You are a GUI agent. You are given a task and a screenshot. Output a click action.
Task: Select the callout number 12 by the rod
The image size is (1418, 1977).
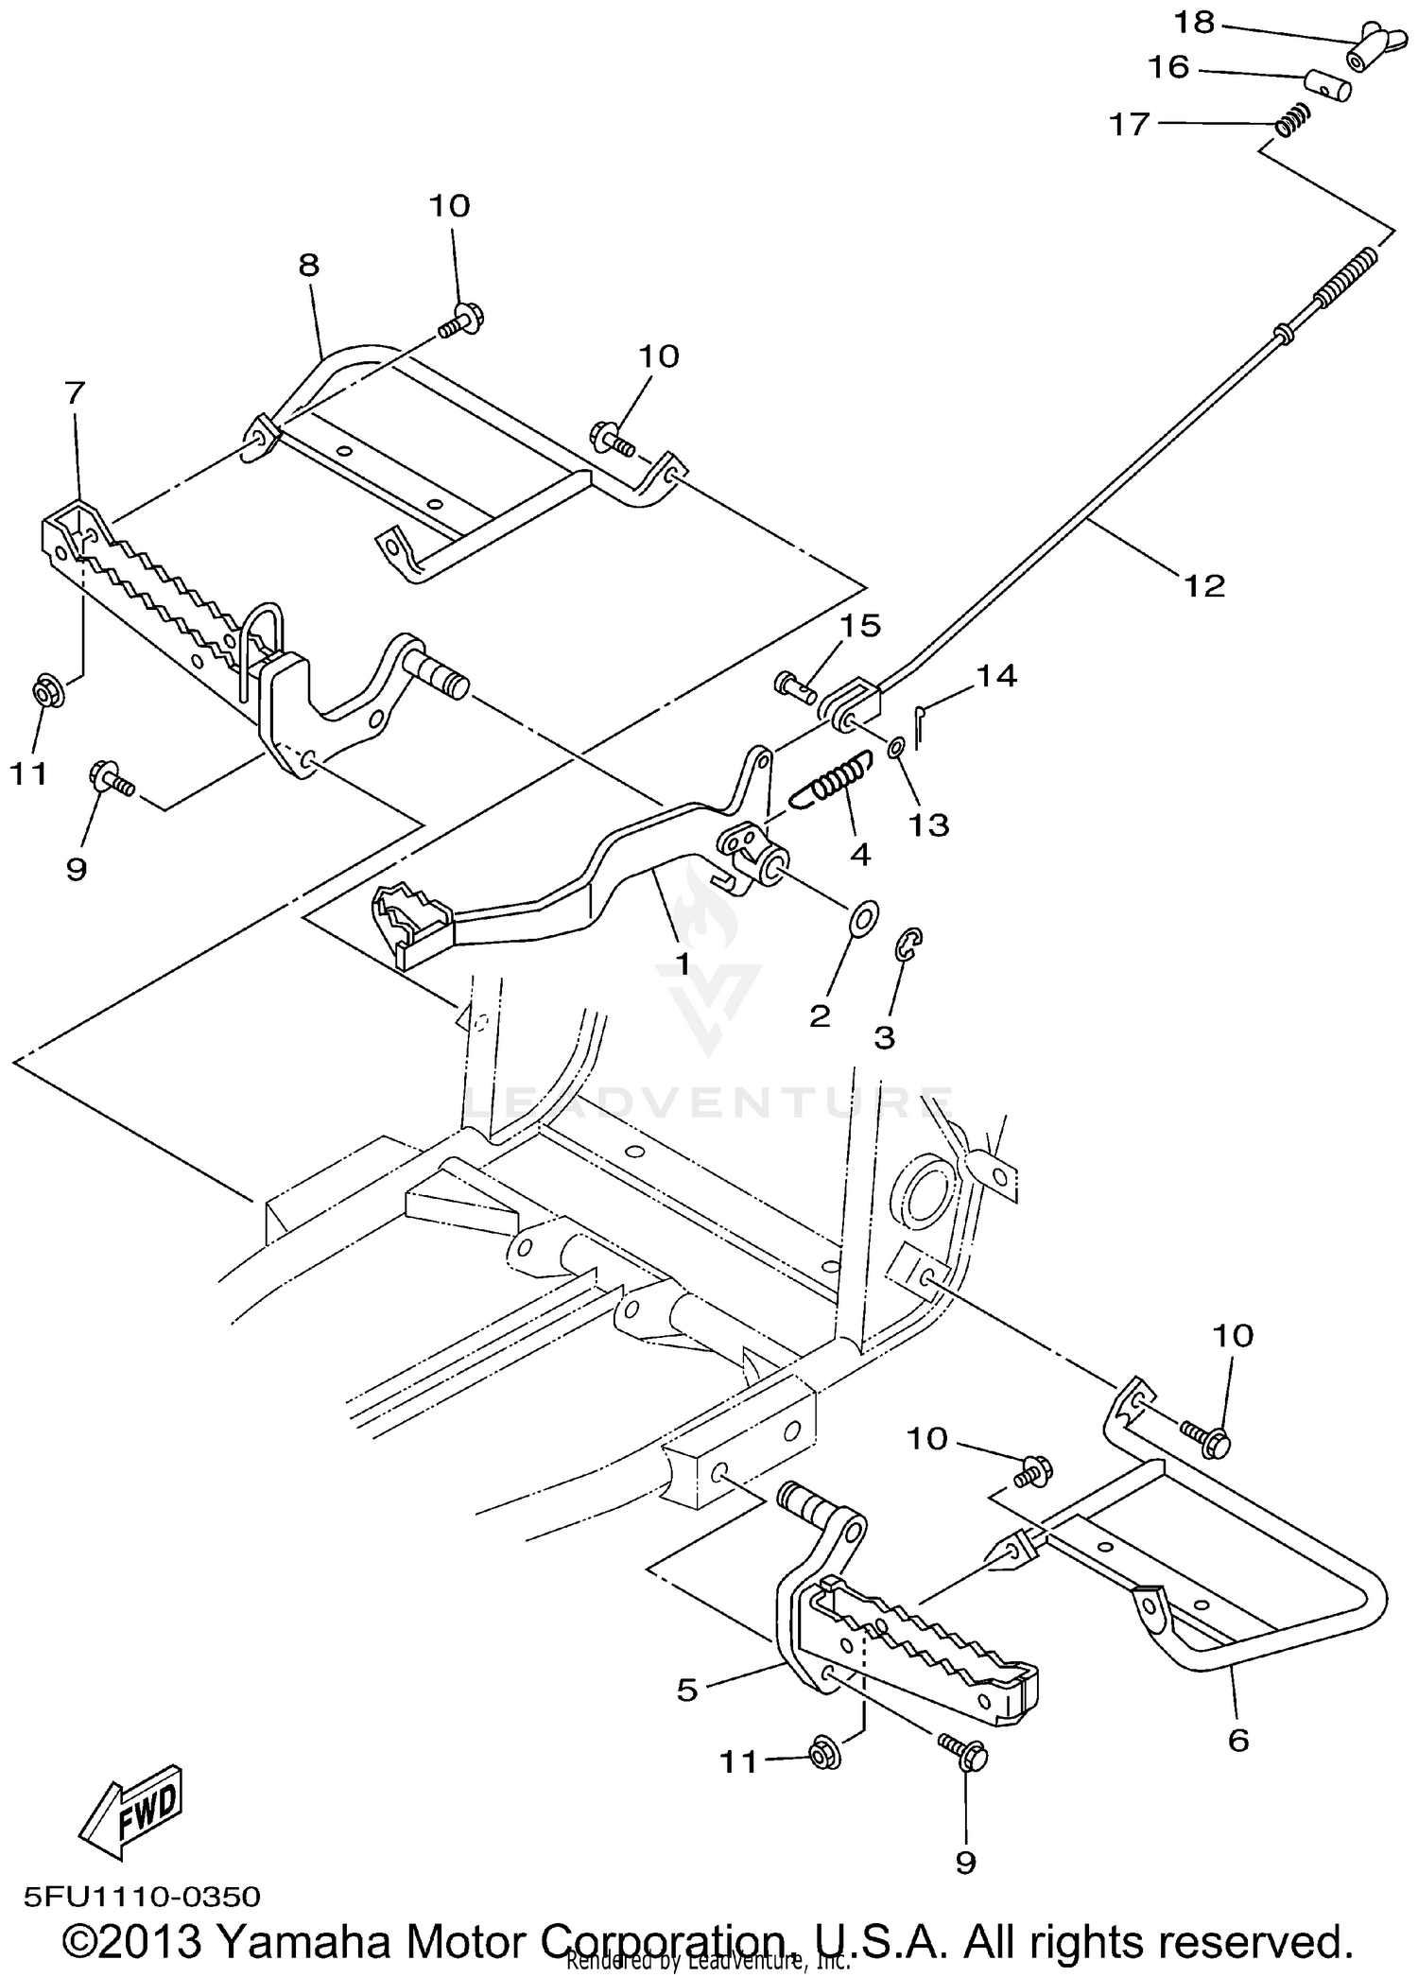pos(1203,585)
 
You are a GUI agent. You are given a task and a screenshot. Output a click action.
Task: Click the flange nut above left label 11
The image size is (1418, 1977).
pos(46,692)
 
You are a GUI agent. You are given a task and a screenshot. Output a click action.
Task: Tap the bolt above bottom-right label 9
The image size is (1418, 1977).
pos(962,1752)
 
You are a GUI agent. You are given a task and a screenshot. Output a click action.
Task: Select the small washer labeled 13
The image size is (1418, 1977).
pos(894,749)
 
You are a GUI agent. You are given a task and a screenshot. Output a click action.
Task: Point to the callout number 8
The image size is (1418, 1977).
pos(309,266)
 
